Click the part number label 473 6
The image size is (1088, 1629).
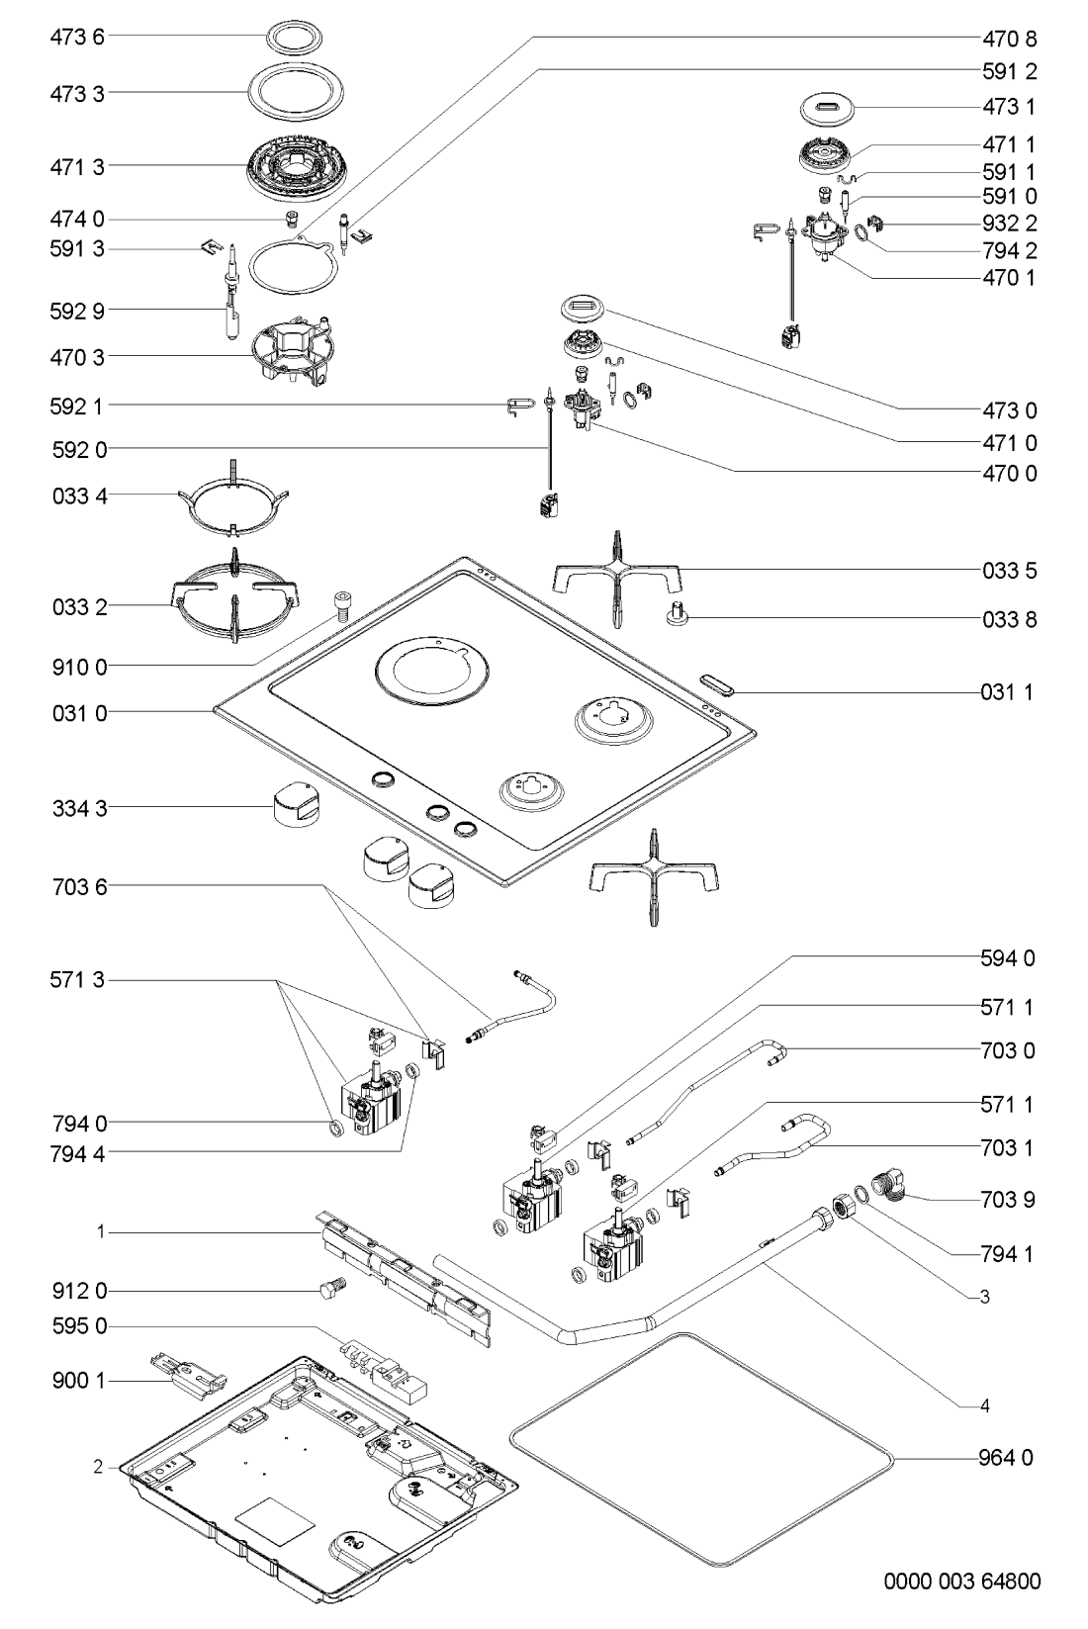76,39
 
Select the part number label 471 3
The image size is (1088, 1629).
76,168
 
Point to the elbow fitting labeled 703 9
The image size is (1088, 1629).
891,1183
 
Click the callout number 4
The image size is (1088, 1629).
985,1405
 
